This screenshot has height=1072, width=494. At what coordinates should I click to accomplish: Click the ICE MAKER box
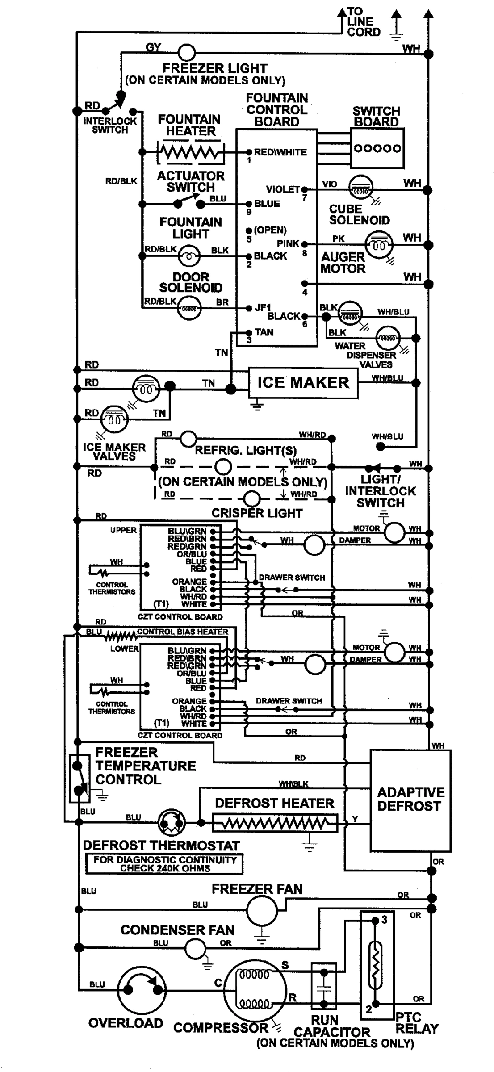(x=303, y=383)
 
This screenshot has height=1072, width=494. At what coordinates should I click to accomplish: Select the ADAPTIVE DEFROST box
(x=410, y=800)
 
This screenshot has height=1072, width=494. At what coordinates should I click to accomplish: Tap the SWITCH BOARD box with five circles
(x=377, y=148)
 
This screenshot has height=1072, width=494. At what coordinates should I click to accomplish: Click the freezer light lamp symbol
(x=186, y=53)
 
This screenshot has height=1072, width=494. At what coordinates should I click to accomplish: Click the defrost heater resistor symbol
(x=275, y=823)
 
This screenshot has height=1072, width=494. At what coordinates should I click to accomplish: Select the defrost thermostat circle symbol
(x=172, y=821)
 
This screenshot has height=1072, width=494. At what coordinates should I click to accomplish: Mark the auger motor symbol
(x=379, y=244)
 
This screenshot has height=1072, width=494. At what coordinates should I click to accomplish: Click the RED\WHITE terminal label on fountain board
(x=280, y=152)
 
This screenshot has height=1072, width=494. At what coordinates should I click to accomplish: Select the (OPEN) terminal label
(x=270, y=230)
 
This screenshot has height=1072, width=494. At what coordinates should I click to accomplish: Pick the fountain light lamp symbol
(x=190, y=256)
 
